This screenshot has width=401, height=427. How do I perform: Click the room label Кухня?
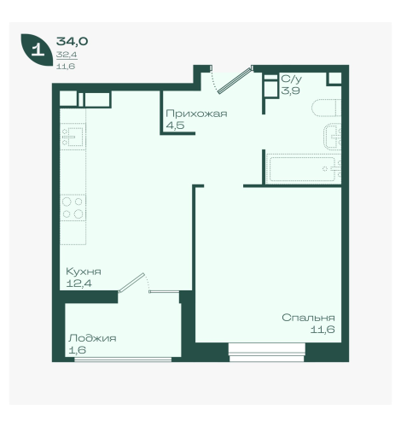[84, 272]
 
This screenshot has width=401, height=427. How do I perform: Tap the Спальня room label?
[308, 318]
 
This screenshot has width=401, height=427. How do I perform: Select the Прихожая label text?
[196, 114]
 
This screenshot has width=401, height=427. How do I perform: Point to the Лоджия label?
[92, 338]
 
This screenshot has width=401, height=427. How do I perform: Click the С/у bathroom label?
[291, 79]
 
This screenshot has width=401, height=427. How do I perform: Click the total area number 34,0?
[72, 42]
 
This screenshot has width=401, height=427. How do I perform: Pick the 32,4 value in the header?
[67, 55]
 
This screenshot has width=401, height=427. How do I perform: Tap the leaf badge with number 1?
[37, 50]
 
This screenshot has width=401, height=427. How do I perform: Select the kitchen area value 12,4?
[78, 284]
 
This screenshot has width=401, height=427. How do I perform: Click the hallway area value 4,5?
[175, 126]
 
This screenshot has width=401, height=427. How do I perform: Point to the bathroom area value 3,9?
[290, 91]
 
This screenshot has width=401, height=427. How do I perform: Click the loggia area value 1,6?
[78, 350]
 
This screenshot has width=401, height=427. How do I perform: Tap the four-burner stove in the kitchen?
[73, 208]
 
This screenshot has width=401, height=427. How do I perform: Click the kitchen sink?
[73, 137]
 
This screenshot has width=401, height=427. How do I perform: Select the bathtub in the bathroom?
[304, 169]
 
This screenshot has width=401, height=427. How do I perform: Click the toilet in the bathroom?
[327, 108]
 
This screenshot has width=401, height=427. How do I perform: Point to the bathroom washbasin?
[333, 137]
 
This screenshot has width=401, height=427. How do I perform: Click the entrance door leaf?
[235, 80]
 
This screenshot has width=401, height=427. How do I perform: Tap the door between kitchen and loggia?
[132, 283]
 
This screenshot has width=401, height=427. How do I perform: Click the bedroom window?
[266, 353]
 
